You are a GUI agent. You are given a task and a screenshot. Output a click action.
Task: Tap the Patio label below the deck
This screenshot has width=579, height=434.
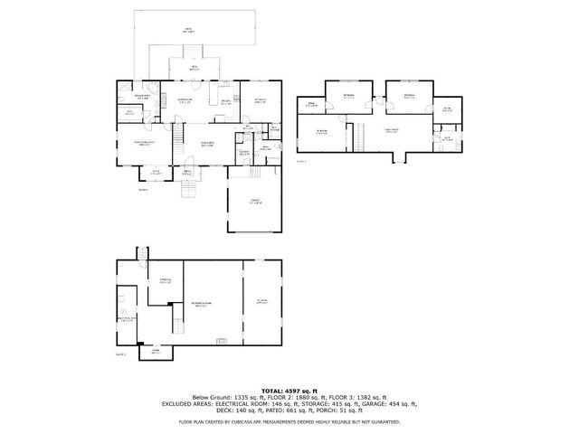(195, 68)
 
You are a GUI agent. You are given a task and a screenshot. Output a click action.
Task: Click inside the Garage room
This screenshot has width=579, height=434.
(254, 205)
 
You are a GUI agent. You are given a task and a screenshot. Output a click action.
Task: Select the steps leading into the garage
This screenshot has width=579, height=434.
(256, 172)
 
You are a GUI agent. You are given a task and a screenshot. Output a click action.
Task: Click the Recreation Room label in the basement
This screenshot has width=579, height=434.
(201, 302)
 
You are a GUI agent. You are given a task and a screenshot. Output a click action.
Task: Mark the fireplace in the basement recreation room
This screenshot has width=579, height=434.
(223, 341)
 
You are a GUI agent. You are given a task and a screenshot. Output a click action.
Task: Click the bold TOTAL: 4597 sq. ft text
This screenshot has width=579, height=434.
(289, 388)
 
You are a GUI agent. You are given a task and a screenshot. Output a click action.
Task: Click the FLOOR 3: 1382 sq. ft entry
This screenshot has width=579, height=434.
(360, 397)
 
